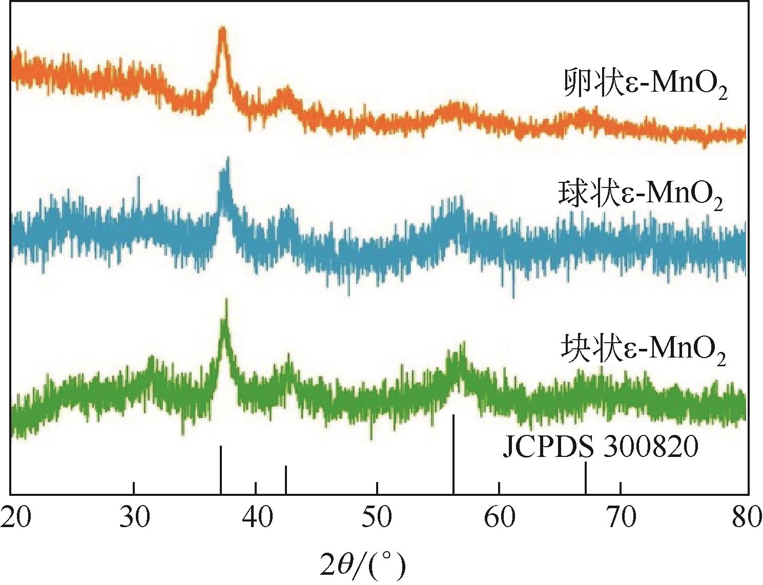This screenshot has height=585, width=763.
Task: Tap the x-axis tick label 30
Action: [x=134, y=519]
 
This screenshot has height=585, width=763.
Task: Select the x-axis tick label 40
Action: [x=256, y=519]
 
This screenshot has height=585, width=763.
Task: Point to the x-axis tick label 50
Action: [x=378, y=519]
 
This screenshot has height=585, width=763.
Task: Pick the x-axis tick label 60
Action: [x=499, y=519]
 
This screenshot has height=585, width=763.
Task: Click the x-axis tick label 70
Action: [x=621, y=519]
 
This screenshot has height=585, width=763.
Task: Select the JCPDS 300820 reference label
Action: [x=600, y=448]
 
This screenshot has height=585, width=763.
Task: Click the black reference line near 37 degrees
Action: [x=220, y=469]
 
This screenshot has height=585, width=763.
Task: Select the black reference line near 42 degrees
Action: [x=285, y=479]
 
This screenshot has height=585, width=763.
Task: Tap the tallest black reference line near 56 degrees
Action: [x=453, y=454]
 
